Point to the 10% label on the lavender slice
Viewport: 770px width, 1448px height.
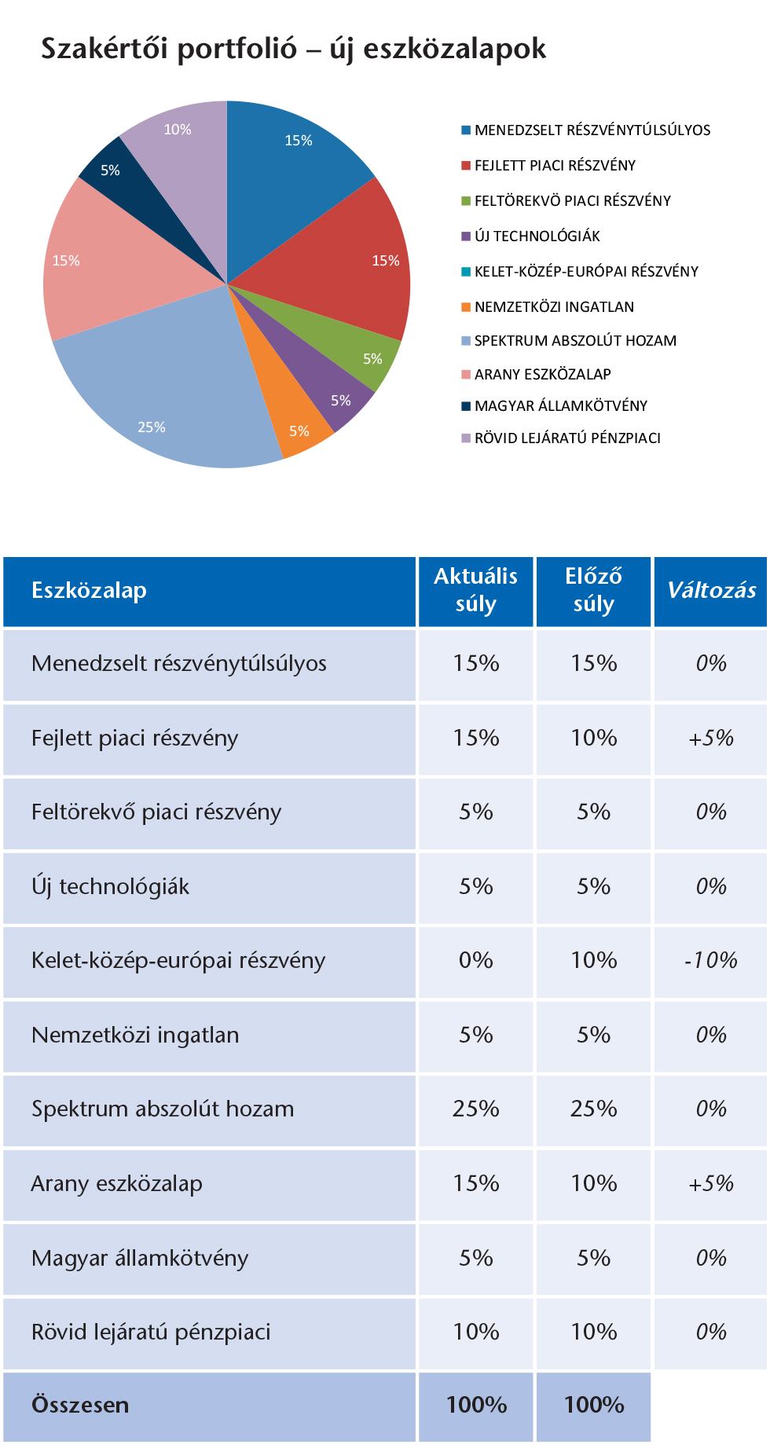click(x=178, y=130)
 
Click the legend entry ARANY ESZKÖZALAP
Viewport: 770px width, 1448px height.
click(x=542, y=375)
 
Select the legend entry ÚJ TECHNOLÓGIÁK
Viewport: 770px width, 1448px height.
click(x=537, y=236)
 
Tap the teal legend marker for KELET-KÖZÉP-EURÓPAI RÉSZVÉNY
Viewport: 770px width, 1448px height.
click(x=466, y=272)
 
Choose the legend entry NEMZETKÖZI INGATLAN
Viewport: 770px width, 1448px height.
click(x=554, y=307)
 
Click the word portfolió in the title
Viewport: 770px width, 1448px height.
click(x=236, y=49)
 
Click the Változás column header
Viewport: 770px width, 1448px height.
click(x=711, y=591)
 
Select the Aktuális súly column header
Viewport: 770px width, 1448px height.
click(x=476, y=591)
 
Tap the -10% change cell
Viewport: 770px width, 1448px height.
click(x=711, y=961)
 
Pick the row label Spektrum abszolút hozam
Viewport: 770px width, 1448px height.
click(x=163, y=1109)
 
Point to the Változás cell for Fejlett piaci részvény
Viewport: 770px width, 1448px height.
click(x=711, y=739)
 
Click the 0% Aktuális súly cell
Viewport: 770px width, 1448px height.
click(x=476, y=961)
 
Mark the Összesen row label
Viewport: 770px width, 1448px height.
click(x=80, y=1405)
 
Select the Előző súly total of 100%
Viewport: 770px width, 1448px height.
click(x=594, y=1405)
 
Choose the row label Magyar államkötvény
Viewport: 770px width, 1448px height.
click(x=140, y=1259)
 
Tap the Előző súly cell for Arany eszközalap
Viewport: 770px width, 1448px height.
click(x=594, y=1184)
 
